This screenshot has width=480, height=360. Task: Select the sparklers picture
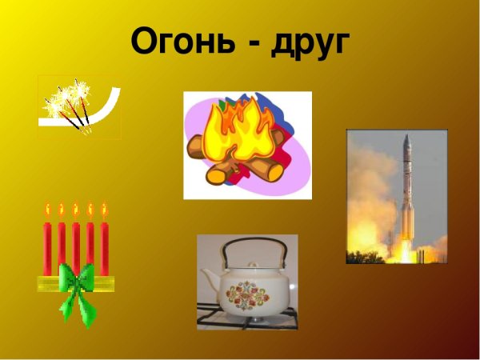[78, 107]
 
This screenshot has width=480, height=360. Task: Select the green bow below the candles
[78, 290]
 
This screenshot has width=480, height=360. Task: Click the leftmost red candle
[47, 244]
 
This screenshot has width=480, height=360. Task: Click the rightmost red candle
[104, 244]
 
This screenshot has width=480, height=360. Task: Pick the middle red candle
[76, 244]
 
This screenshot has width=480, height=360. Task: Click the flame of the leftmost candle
[47, 210]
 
